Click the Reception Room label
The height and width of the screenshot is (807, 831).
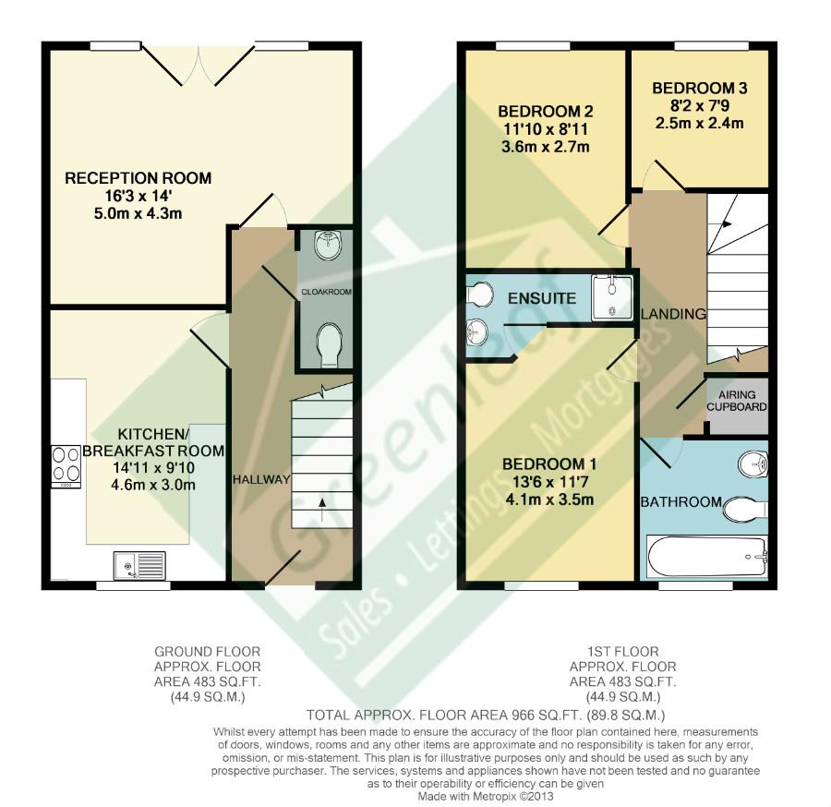coord(138,178)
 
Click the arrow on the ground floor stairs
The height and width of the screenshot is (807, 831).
coord(322,502)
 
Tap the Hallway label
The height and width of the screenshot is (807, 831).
coord(261,479)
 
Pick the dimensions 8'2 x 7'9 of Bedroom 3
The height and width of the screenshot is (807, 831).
coord(699,106)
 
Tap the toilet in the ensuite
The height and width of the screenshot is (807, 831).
coord(479,294)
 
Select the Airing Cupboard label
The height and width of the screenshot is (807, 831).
coord(737,401)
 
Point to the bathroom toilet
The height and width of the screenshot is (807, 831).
coord(745,508)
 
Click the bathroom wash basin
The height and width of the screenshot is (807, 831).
coord(753,463)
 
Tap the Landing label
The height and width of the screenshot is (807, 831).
coord(673,314)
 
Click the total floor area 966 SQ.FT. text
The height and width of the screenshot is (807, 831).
coord(486,716)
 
